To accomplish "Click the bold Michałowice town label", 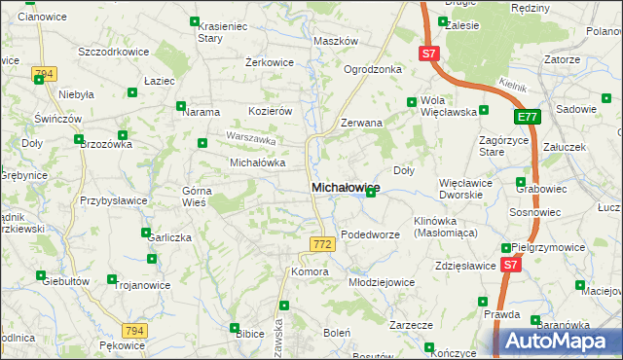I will tap(345, 187).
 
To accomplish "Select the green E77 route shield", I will tap(527, 118).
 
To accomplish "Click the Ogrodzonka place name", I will tap(373, 70).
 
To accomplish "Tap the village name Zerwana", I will tap(361, 124).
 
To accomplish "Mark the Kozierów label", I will tap(271, 111).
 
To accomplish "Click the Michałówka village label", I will tap(256, 162).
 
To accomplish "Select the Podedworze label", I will tap(372, 234).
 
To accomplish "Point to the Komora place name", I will tap(310, 271).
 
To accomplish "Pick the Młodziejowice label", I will tap(381, 281).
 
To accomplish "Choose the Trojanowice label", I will tap(143, 286).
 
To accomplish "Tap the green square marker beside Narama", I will tap(180, 106).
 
